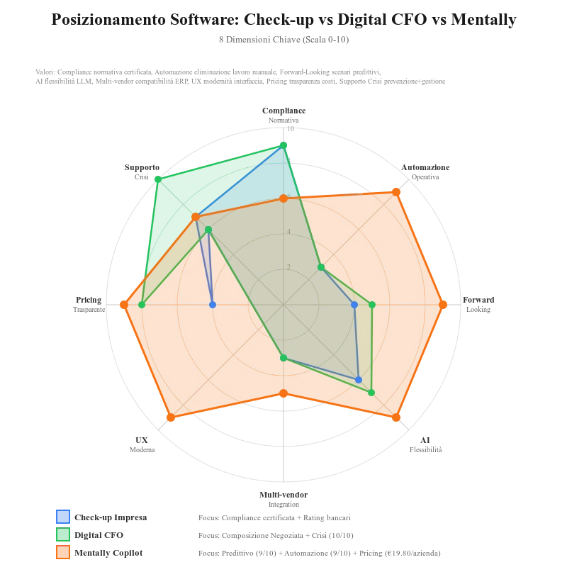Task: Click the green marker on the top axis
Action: [x=283, y=146]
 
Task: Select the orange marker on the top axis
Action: [x=283, y=199]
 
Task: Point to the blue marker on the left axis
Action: [x=213, y=305]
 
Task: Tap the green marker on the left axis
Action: [x=142, y=305]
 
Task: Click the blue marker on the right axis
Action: [x=354, y=305]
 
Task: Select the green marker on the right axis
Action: [x=371, y=305]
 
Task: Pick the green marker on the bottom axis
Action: [x=283, y=357]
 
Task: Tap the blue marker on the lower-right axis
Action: [x=359, y=380]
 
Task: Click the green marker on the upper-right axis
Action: [x=321, y=267]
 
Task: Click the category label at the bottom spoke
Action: [x=283, y=498]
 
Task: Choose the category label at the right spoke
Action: [x=481, y=302]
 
